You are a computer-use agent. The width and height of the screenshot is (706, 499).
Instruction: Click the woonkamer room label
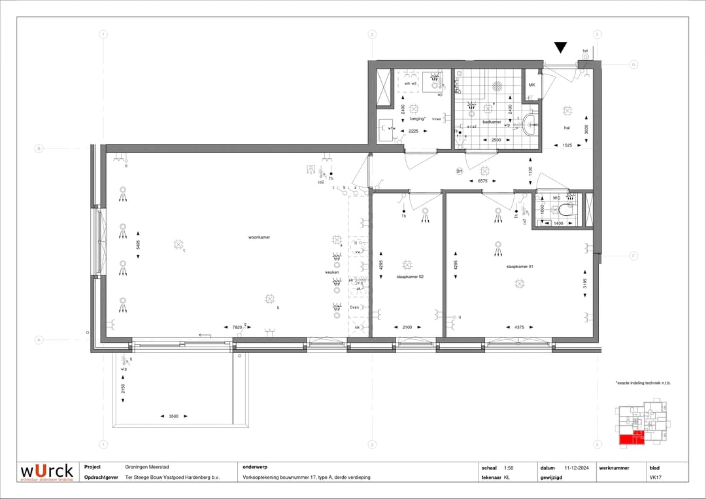point(259,237)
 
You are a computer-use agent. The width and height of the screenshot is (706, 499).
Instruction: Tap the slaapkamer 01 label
point(520,266)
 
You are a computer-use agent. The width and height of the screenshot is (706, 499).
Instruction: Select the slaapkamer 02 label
point(410,277)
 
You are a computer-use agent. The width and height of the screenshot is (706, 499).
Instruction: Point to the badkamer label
point(492,122)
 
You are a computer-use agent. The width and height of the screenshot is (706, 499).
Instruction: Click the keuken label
point(332,272)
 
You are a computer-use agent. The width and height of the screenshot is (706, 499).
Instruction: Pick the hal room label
point(567,128)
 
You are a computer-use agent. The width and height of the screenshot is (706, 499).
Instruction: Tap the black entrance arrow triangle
point(561,47)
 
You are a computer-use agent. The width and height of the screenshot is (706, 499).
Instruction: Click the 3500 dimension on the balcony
point(173,416)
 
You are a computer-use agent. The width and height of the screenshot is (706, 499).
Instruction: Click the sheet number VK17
point(653,477)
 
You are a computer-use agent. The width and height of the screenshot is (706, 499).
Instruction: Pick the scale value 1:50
point(509,468)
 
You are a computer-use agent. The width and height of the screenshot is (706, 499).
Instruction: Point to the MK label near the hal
point(531,85)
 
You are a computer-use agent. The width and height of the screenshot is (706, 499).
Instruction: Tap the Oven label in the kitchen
point(355,307)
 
